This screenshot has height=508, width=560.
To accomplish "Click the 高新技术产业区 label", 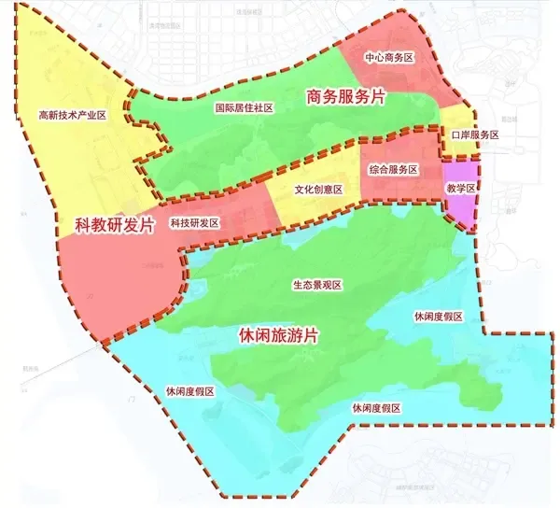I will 73,116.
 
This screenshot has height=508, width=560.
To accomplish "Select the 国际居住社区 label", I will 243,108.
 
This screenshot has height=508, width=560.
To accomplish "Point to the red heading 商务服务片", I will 345,95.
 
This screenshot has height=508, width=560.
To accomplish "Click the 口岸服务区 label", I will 475,135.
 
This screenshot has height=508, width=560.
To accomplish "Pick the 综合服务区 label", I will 393,169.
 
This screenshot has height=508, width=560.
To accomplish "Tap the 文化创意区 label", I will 319,189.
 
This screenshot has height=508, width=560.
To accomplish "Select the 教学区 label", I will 461,189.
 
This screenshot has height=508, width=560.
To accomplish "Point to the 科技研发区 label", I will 194,223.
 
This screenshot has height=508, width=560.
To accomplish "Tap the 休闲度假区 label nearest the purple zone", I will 439,317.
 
